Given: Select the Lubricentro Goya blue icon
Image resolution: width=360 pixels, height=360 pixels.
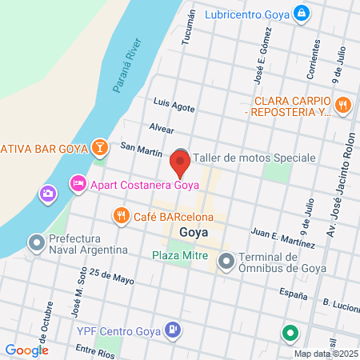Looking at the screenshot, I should [x=301, y=14].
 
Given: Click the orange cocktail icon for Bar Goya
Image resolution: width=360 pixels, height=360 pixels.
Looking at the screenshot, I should [x=98, y=147].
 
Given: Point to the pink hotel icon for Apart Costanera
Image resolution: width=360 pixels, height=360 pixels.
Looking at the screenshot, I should [x=78, y=185].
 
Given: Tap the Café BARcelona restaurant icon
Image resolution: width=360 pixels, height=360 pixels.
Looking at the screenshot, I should [x=121, y=214].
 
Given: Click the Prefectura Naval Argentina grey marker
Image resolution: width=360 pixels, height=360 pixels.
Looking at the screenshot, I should [x=36, y=241].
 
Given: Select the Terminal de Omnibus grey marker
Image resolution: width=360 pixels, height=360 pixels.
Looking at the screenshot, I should [x=227, y=260].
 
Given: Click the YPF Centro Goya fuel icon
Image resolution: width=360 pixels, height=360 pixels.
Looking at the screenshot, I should [x=172, y=328].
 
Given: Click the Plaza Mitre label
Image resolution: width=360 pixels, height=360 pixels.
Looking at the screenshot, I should [x=181, y=256].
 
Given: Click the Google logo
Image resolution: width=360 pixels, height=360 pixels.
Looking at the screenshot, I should [x=26, y=350].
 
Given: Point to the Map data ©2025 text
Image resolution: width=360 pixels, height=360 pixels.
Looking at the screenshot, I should [x=325, y=353].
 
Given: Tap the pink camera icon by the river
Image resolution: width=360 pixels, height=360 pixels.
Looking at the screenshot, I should [x=48, y=194].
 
